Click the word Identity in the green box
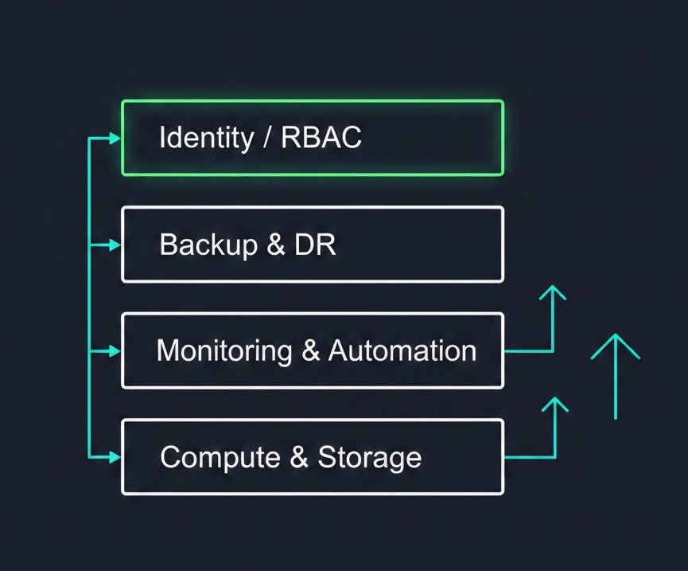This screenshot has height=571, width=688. coord(205,138)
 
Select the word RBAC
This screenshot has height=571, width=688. coord(321,138)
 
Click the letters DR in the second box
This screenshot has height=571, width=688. coord(315,244)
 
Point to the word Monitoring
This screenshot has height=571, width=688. coord(224,350)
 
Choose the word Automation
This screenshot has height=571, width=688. coord(402,350)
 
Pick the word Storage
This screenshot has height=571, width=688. coord(370,457)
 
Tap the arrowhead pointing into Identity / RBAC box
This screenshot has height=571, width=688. coord(115,139)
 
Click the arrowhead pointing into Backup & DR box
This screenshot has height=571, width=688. coord(115,245)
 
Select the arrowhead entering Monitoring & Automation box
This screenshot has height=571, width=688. coord(115,351)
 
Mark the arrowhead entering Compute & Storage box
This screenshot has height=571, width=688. coord(115,457)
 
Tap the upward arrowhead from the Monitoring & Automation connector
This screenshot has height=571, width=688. coord(553,293)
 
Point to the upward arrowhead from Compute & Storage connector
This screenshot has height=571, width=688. coord(554,403)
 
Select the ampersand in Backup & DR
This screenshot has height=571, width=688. coord(276,244)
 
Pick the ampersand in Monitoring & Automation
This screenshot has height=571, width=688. coord(310,350)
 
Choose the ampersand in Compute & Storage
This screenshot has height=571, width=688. coord(298,457)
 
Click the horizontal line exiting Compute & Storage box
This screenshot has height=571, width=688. coord(529,458)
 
